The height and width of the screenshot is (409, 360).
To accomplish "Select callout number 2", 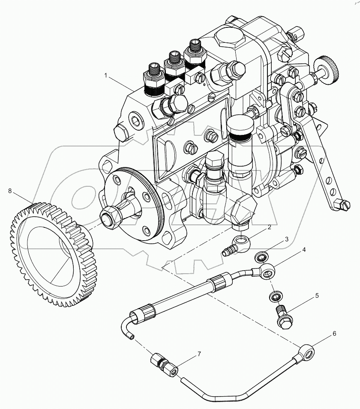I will (x=269, y=227).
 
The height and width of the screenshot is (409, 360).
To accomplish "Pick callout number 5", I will (x=317, y=296).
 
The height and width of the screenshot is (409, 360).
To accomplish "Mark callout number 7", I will (x=198, y=354).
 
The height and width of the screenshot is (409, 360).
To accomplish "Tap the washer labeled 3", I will (x=260, y=257).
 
